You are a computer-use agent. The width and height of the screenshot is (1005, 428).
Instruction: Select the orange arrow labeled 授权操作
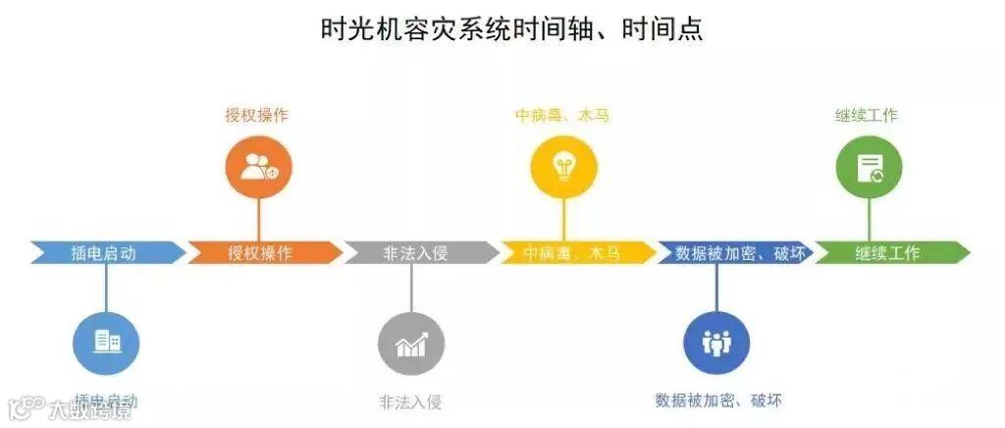pos(260,252)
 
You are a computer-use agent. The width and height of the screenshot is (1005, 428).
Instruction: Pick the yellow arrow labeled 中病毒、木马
pos(573,252)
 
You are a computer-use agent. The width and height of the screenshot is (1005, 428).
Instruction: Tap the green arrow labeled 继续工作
pos(887,252)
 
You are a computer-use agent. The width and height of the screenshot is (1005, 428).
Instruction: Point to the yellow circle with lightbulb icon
pos(563,166)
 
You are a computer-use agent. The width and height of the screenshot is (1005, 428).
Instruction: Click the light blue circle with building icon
pos(106,341)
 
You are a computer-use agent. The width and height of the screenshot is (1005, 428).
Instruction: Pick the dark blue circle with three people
pos(716,342)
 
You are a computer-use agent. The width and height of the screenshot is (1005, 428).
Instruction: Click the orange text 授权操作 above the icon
pos(257,115)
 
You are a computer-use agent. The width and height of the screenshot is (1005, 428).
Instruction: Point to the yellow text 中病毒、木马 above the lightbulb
pos(562,115)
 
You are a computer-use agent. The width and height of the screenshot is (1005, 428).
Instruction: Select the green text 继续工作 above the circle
pos(869,115)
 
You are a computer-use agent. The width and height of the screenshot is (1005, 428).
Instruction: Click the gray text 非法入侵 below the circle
pos(411,401)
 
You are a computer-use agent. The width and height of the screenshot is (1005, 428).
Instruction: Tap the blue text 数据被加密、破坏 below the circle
pos(718,401)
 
